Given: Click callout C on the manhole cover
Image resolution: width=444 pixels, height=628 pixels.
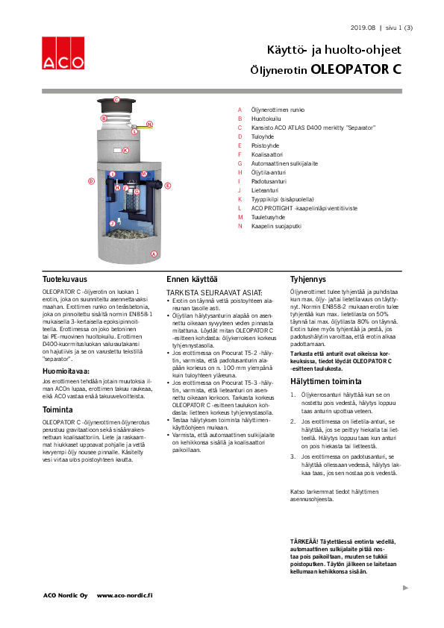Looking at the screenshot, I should (x=116, y=99).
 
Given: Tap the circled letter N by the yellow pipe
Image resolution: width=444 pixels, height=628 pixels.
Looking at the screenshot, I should (x=149, y=124).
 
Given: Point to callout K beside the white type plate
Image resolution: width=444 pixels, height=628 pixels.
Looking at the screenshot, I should (x=125, y=150).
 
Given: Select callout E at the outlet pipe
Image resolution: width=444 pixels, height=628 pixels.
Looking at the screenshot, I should (x=168, y=185).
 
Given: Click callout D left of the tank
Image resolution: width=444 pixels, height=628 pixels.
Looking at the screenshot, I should (x=91, y=180).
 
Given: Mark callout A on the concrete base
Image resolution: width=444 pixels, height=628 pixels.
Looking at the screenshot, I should (x=154, y=254).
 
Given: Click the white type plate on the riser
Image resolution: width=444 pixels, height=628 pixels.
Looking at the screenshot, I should (x=115, y=150).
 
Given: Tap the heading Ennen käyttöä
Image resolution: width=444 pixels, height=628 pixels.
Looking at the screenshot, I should (x=192, y=278).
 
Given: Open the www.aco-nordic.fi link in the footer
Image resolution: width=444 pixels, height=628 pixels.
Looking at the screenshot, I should (x=125, y=595).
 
